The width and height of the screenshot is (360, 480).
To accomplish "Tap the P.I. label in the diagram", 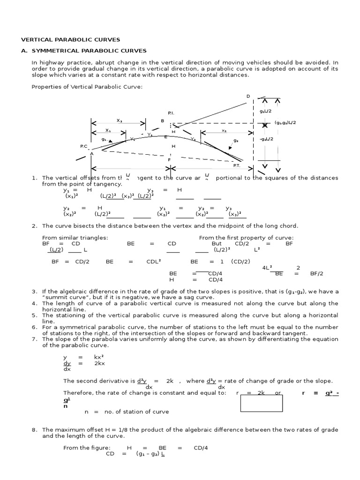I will [x=171, y=113].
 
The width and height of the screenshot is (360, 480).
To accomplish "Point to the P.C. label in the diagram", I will [x=84, y=146].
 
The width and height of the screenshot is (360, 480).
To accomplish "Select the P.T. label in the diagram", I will [x=237, y=165].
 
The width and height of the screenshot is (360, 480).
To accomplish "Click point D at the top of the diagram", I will [x=248, y=96].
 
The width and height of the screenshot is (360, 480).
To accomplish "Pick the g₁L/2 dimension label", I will [x=266, y=112].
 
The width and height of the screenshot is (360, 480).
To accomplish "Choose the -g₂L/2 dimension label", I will [x=266, y=139].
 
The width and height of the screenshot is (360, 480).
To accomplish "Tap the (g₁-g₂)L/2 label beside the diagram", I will [x=285, y=123].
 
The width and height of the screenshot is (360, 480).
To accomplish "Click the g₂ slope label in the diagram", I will [x=236, y=140].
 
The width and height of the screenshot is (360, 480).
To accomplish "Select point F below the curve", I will [x=169, y=160].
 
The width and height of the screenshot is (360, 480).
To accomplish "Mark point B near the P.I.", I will [x=163, y=121].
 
